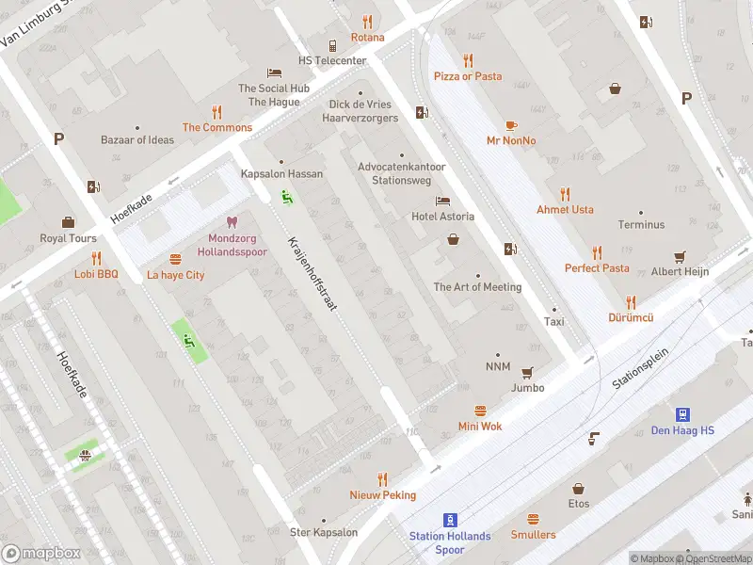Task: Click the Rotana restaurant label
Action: point(367,38)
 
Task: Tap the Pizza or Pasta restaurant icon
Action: point(468,60)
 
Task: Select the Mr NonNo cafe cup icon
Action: point(511,125)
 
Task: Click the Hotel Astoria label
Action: point(442,217)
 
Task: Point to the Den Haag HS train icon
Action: point(682,414)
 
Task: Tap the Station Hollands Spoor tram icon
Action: point(450,520)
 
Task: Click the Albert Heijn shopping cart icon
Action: point(680,256)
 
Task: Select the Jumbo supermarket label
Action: point(527,387)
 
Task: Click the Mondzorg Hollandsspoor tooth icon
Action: point(232,223)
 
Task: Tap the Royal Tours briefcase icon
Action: point(68,222)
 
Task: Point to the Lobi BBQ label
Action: point(96,274)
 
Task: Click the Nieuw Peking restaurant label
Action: point(382,495)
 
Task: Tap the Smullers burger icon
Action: point(533,519)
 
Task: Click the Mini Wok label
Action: point(480,426)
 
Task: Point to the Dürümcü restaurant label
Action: point(631,318)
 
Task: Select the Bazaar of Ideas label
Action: point(137,140)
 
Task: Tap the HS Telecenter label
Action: point(332,60)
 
